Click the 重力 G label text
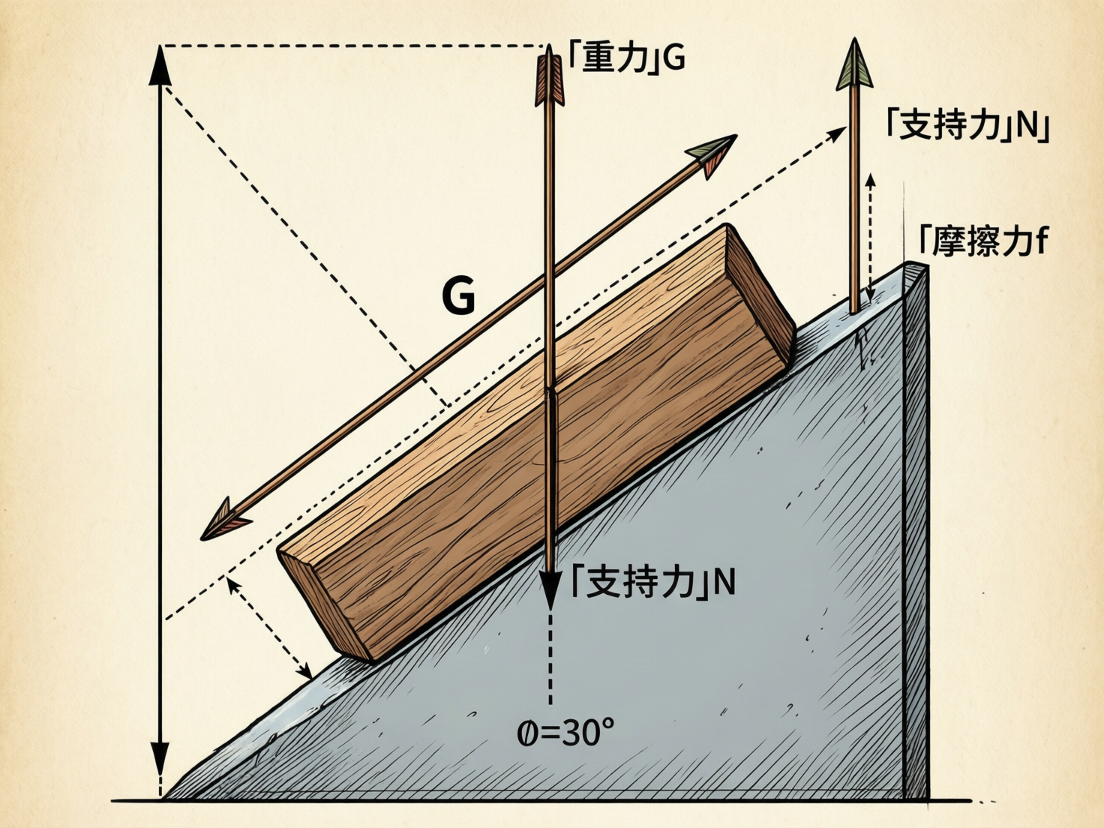626,58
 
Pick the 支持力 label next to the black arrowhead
652,582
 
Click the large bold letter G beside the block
458,295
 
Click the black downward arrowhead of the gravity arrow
550,589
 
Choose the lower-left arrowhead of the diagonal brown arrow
224,520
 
